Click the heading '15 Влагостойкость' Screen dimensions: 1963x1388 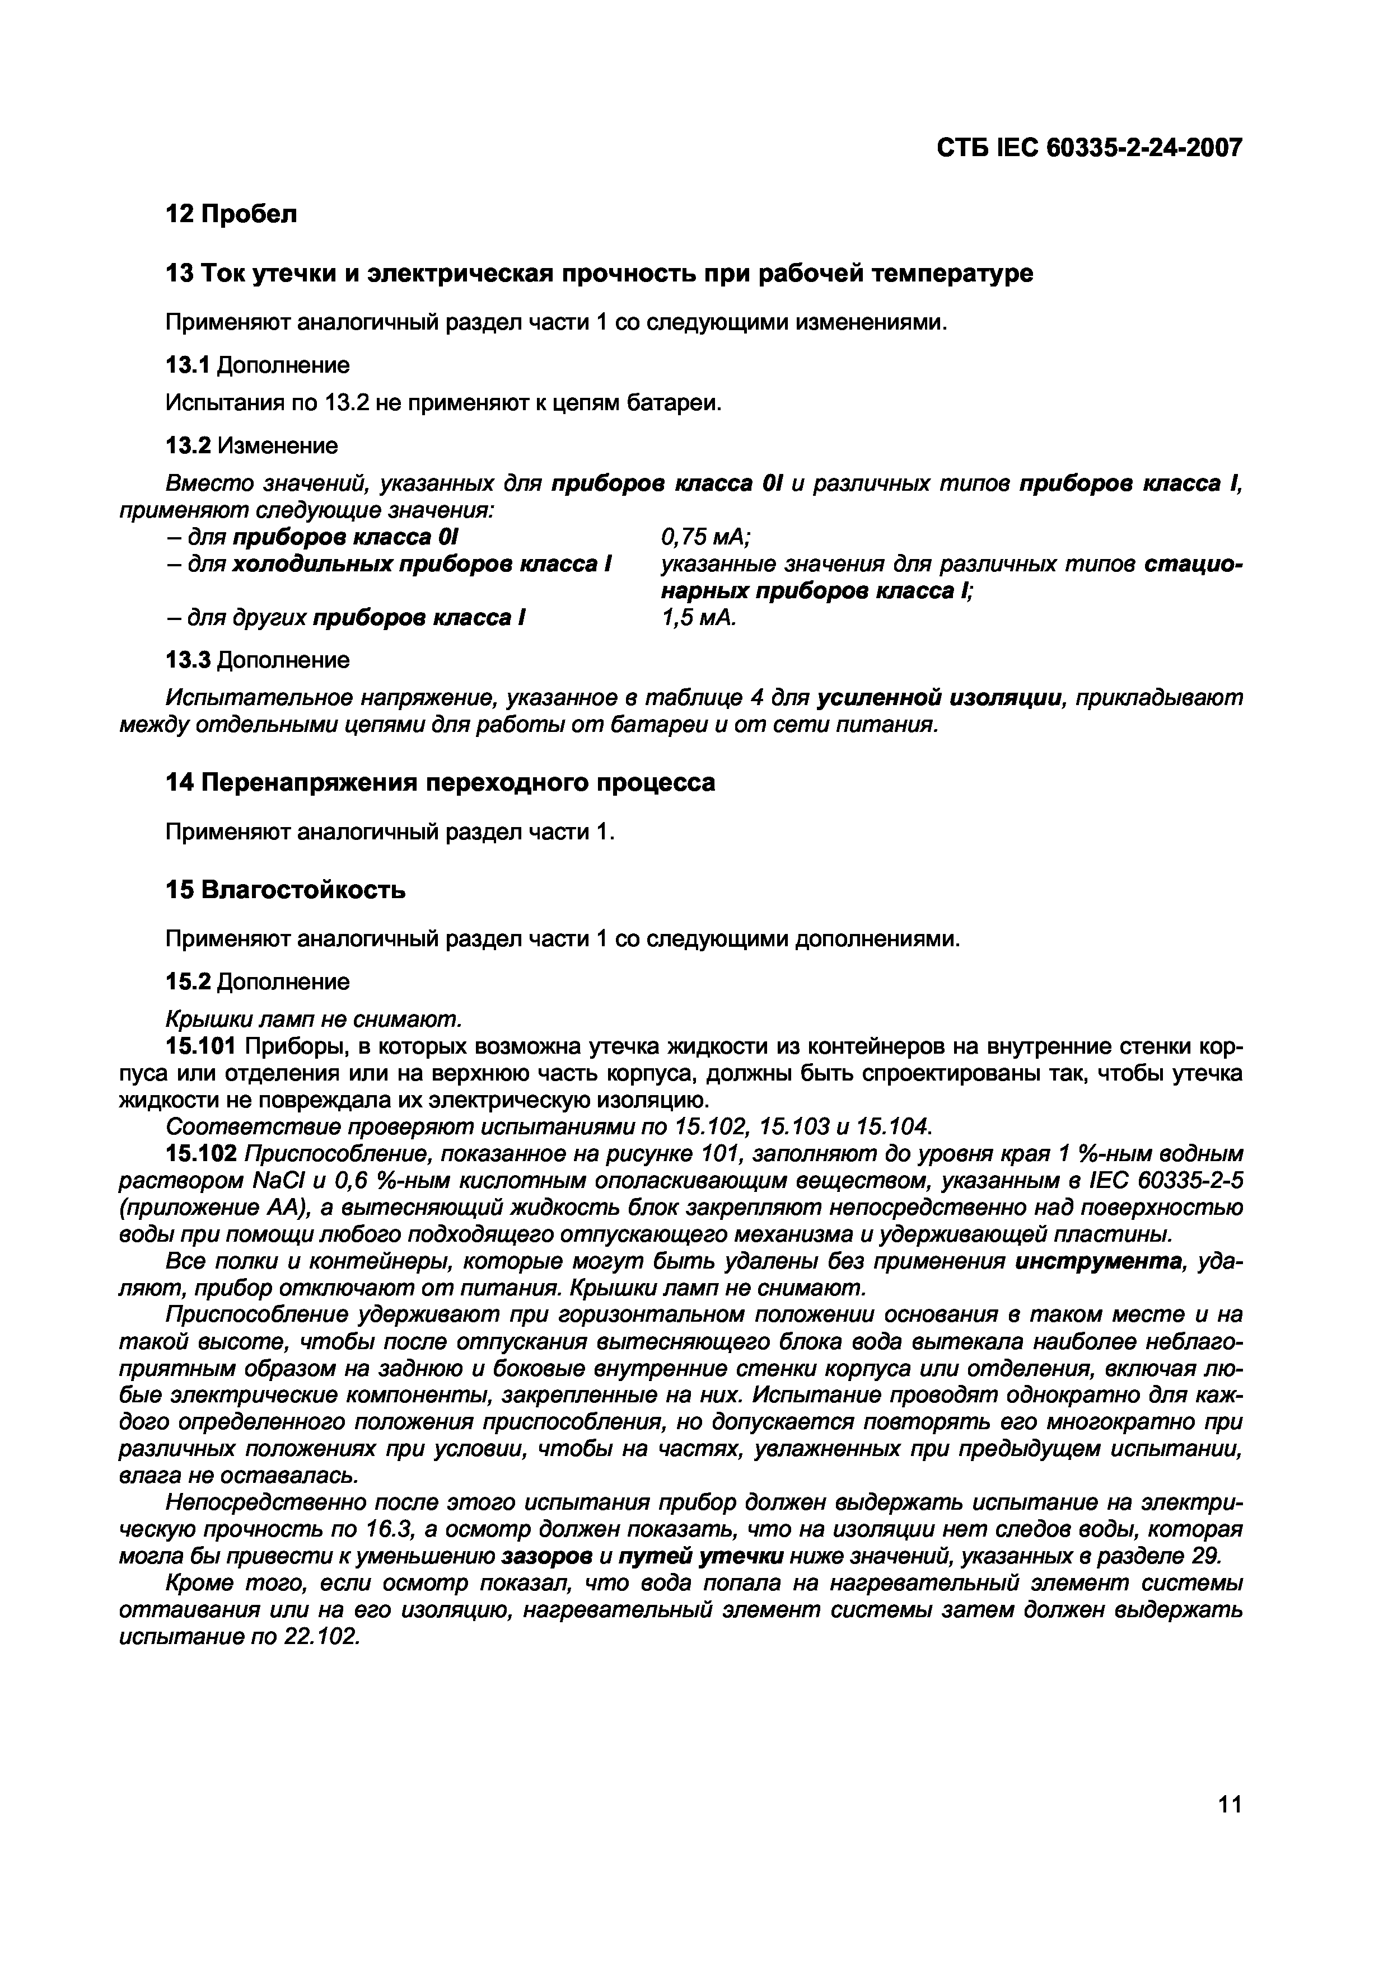(x=286, y=890)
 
